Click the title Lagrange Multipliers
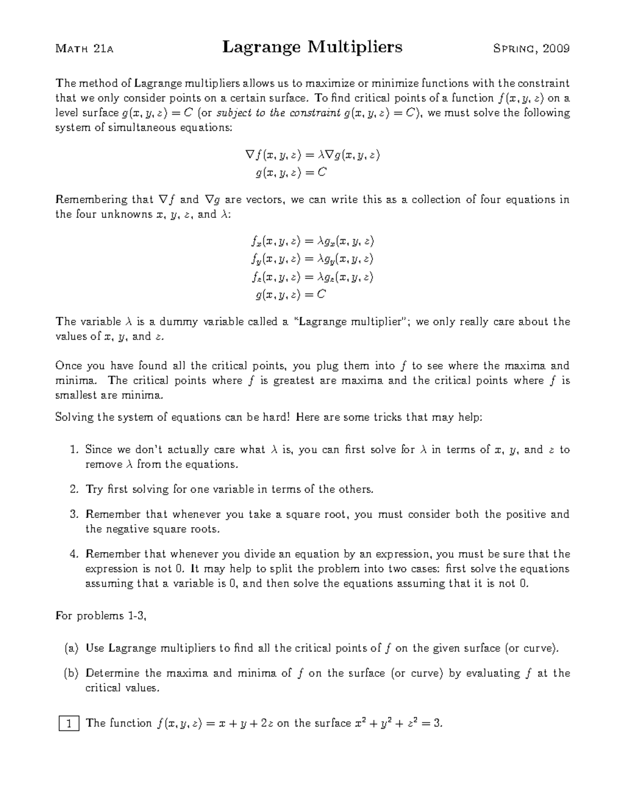tap(312, 47)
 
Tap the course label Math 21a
tap(84, 49)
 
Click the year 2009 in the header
tap(556, 49)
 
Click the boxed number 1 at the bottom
tap(68, 723)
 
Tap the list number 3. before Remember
tap(74, 514)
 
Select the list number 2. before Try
tap(74, 489)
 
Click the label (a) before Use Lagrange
tap(71, 648)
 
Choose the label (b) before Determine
tap(71, 673)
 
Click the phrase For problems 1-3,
tap(101, 616)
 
